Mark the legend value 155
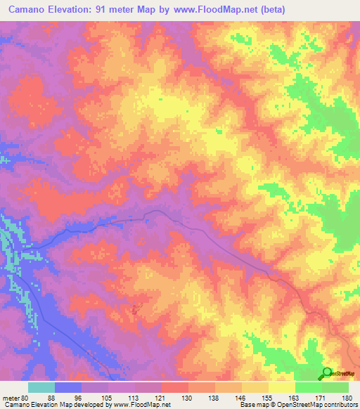click(x=268, y=397)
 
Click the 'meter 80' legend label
click(x=15, y=397)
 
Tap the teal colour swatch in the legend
click(x=41, y=387)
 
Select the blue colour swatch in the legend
click(x=68, y=387)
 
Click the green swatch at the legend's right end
click(x=335, y=387)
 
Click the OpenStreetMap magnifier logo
click(x=327, y=373)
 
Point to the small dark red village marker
click(x=136, y=307)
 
